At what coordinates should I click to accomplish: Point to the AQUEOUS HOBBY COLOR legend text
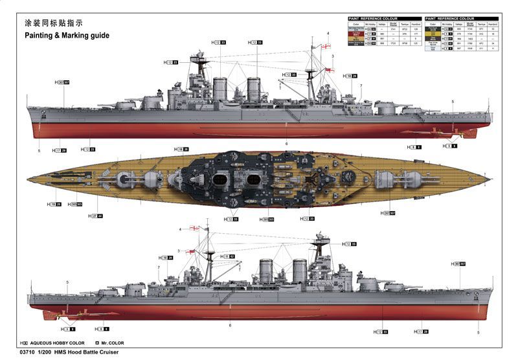pos(62,343)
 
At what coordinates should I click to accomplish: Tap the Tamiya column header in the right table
pos(481,24)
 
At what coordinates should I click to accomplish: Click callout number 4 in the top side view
pos(328,33)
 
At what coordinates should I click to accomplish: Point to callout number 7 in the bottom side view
pos(158,267)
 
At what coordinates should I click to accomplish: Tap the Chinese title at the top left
pos(54,23)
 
